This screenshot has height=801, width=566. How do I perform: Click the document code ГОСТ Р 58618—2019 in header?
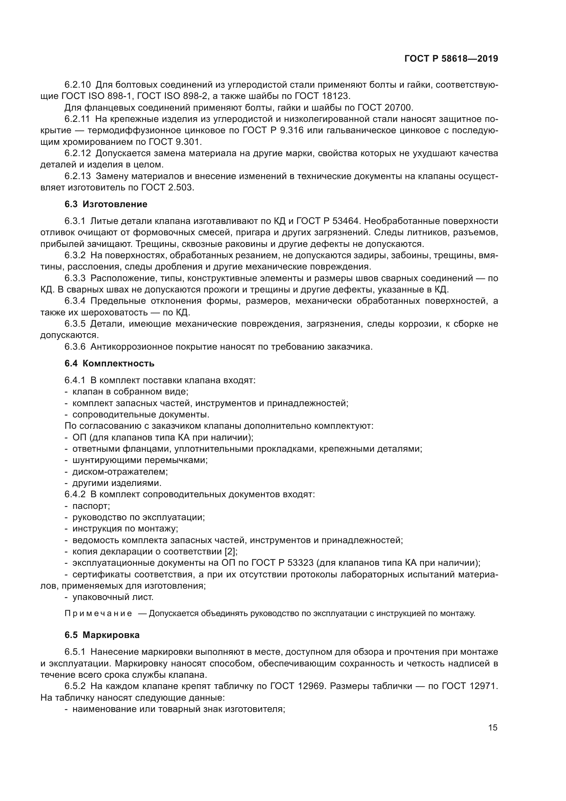pos(451,59)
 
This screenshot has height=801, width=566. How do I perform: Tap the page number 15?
pos(493,728)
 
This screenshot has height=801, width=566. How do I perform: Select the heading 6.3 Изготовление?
pos(106,204)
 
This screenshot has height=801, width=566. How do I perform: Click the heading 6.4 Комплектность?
pos(110,364)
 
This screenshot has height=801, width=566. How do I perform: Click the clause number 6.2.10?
pos(77,85)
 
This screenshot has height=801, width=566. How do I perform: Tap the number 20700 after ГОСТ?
pos(399,108)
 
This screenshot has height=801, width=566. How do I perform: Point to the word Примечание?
pos(98,614)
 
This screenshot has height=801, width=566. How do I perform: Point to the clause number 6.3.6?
pos(75,347)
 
